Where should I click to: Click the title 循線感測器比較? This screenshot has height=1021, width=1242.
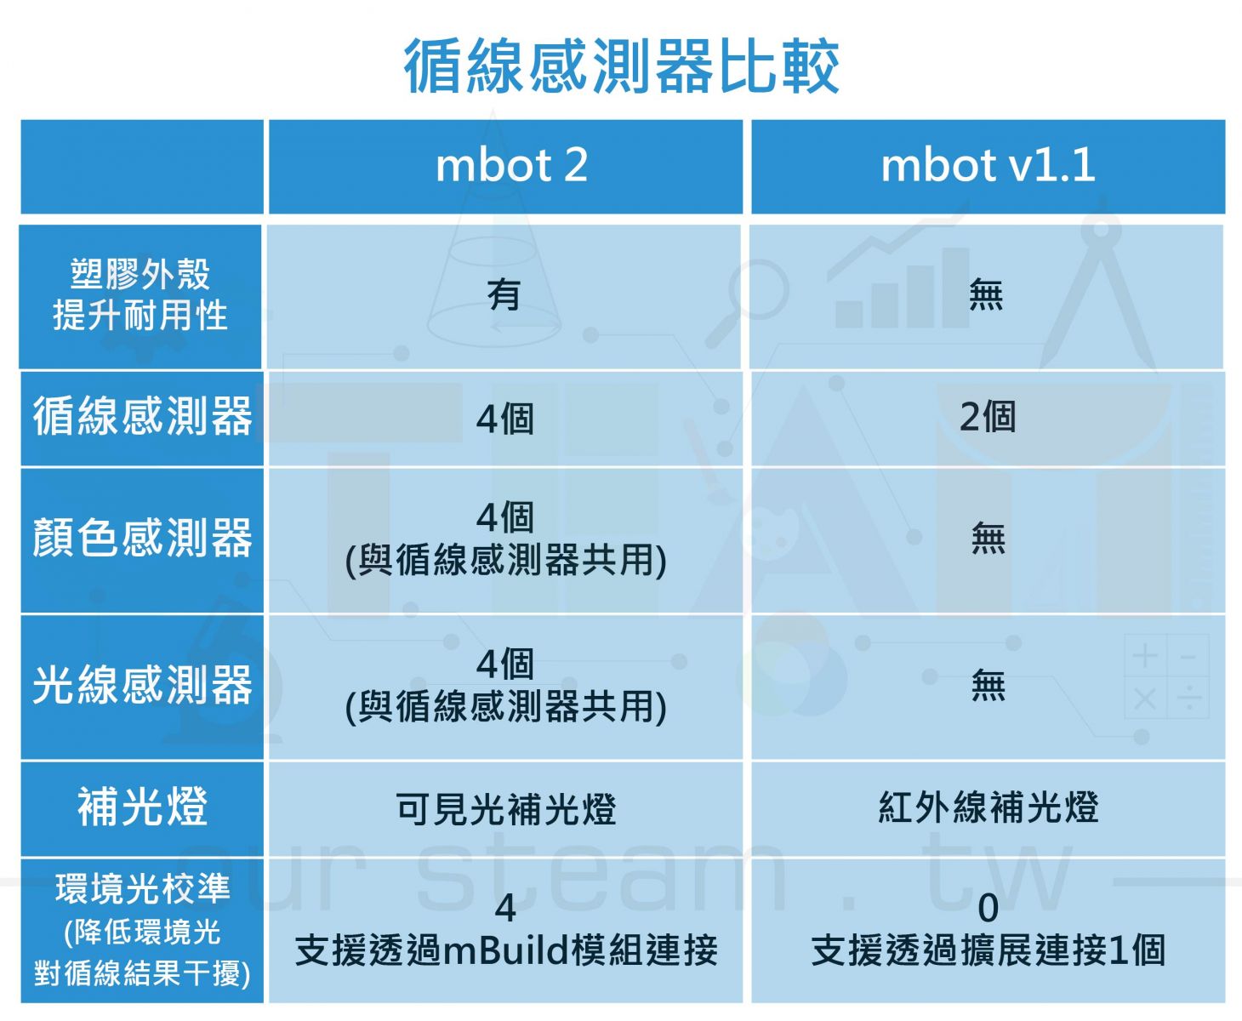point(621,66)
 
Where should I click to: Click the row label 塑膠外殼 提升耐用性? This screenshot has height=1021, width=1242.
point(140,294)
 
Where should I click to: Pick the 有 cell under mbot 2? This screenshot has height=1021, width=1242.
point(504,294)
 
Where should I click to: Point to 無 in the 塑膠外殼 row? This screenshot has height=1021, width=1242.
point(986,294)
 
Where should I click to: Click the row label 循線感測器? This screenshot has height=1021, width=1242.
point(142,416)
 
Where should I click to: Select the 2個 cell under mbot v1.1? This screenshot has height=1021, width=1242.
point(988,417)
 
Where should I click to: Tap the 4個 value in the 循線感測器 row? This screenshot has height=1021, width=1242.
point(504,419)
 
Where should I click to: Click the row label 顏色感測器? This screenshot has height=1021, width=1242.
point(142,538)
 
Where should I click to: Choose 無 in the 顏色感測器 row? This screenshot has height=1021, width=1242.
point(988,538)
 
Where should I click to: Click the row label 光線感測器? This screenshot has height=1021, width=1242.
point(142,685)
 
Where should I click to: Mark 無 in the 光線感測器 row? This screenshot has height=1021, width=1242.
point(988,685)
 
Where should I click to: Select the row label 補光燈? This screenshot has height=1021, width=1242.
point(142,807)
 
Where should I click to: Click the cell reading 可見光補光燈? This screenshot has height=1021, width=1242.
point(506,809)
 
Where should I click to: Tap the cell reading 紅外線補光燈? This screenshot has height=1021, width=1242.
point(988,807)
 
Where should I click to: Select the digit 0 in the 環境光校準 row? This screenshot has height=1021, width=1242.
point(988,908)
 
